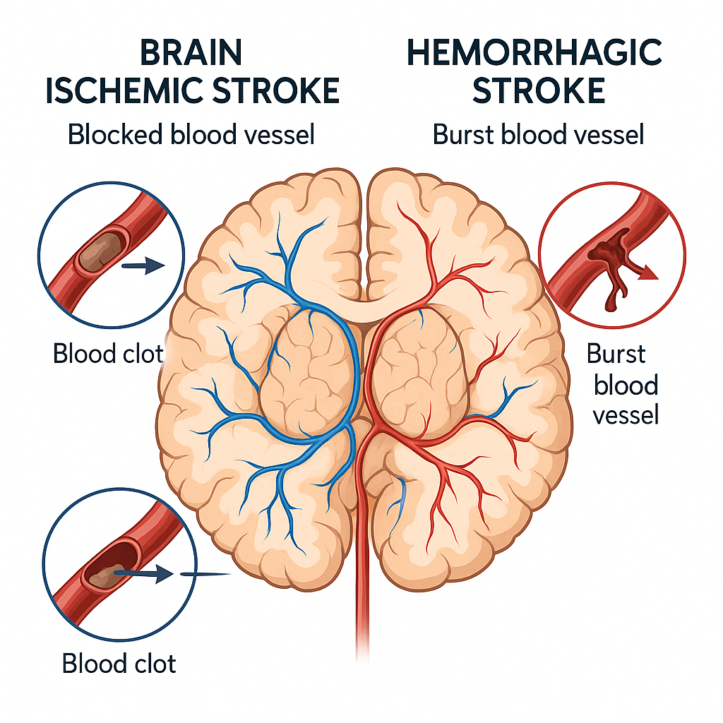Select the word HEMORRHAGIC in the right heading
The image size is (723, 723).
(534, 54)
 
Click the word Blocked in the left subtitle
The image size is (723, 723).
(113, 134)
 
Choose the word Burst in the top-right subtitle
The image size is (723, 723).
(462, 134)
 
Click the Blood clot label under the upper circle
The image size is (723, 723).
(108, 353)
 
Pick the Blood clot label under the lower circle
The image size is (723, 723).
(119, 664)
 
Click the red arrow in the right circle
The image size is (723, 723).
(645, 272)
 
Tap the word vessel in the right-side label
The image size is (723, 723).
(626, 415)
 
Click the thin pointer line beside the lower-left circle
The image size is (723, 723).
(207, 574)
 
